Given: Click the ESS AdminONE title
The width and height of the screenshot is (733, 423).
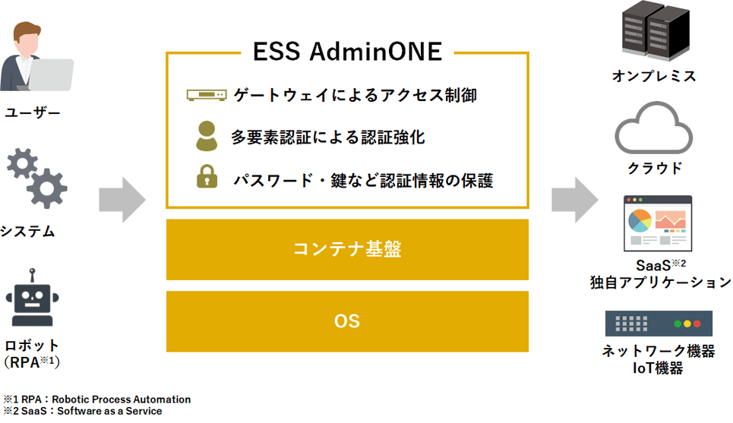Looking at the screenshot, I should click(346, 52).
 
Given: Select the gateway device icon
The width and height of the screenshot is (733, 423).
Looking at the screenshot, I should click(207, 95).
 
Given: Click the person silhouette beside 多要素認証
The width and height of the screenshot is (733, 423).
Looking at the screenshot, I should click(207, 135).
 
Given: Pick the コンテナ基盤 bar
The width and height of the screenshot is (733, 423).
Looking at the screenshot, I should click(347, 250).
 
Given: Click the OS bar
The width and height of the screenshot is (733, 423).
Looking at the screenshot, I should click(347, 321).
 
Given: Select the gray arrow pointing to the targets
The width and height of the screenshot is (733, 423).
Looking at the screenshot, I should click(574, 200).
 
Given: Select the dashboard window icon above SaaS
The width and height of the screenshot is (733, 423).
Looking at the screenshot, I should click(658, 223).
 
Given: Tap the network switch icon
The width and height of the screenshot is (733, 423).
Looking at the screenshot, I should click(659, 324).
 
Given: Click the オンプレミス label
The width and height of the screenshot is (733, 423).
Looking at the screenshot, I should click(654, 76).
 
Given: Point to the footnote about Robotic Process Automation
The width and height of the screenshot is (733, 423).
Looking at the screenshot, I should click(97, 399).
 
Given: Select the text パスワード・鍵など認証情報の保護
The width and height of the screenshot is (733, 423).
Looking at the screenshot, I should click(363, 181).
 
